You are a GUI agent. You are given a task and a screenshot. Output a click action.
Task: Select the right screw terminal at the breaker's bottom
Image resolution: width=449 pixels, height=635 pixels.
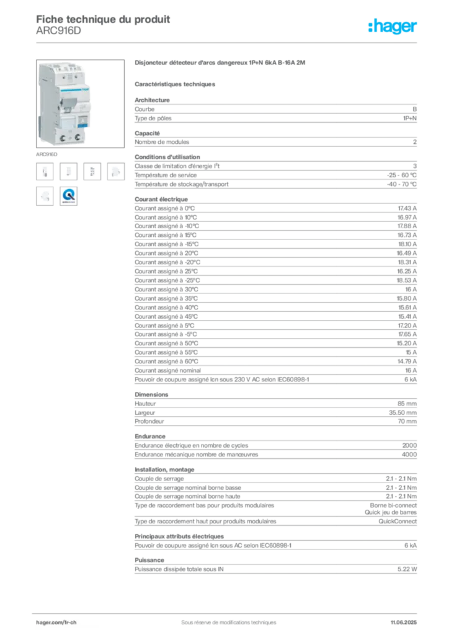78,135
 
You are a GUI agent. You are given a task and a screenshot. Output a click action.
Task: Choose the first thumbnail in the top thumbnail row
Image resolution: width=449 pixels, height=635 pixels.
45,171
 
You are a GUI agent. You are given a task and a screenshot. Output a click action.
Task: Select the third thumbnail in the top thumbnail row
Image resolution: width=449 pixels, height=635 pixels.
94,171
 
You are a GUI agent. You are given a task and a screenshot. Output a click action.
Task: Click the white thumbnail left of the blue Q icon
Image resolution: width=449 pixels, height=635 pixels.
45,196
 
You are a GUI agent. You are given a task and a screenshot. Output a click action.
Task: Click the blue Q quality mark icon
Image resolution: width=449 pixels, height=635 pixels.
69,196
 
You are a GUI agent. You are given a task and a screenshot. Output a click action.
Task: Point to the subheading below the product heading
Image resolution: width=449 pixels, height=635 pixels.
176,83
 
